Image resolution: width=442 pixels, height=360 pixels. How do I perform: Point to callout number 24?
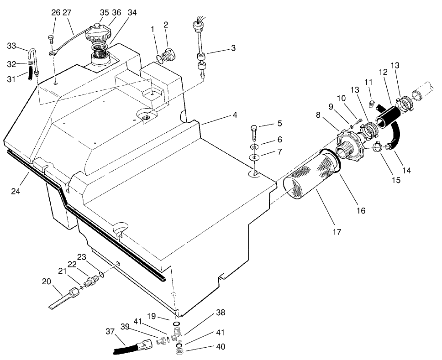(16, 191)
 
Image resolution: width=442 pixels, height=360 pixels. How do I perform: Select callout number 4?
(234, 115)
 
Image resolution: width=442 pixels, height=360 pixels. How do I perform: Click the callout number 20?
(46, 282)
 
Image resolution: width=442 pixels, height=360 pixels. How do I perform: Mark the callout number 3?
(233, 47)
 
